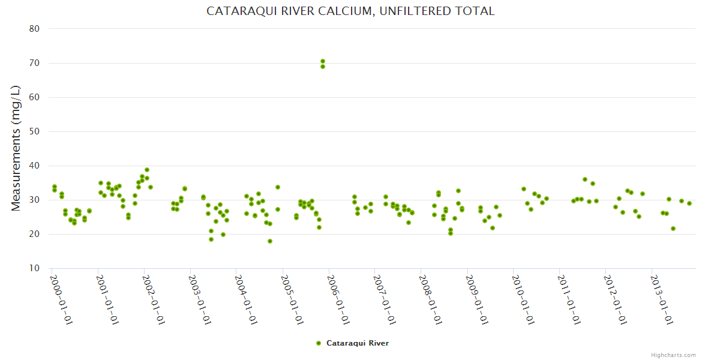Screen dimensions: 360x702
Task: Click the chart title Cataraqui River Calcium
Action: coord(350,11)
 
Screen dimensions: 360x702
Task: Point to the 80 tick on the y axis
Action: coord(34,29)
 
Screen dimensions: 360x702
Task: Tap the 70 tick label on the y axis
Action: coord(34,63)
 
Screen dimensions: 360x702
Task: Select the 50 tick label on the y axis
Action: coord(34,131)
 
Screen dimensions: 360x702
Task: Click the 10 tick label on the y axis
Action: coord(34,268)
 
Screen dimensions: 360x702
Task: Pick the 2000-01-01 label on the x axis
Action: coord(61,299)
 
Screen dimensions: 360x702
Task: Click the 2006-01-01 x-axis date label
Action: coord(338,299)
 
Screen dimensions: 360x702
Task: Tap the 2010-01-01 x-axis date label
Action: coord(523,299)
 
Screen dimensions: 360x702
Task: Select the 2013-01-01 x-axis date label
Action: coord(661,299)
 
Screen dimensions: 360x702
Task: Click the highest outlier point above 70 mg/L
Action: coord(323,61)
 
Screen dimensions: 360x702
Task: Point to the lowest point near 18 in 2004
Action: coord(270,241)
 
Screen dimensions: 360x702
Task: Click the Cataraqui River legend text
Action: coord(358,343)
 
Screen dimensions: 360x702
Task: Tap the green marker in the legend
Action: coord(319,343)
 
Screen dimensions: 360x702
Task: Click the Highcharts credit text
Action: coord(673,355)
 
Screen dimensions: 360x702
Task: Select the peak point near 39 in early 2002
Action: coord(147,170)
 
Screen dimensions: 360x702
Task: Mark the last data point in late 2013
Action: coord(689,203)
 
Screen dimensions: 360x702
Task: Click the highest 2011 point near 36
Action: coord(585,179)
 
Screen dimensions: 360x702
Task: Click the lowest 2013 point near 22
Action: coord(673,229)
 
